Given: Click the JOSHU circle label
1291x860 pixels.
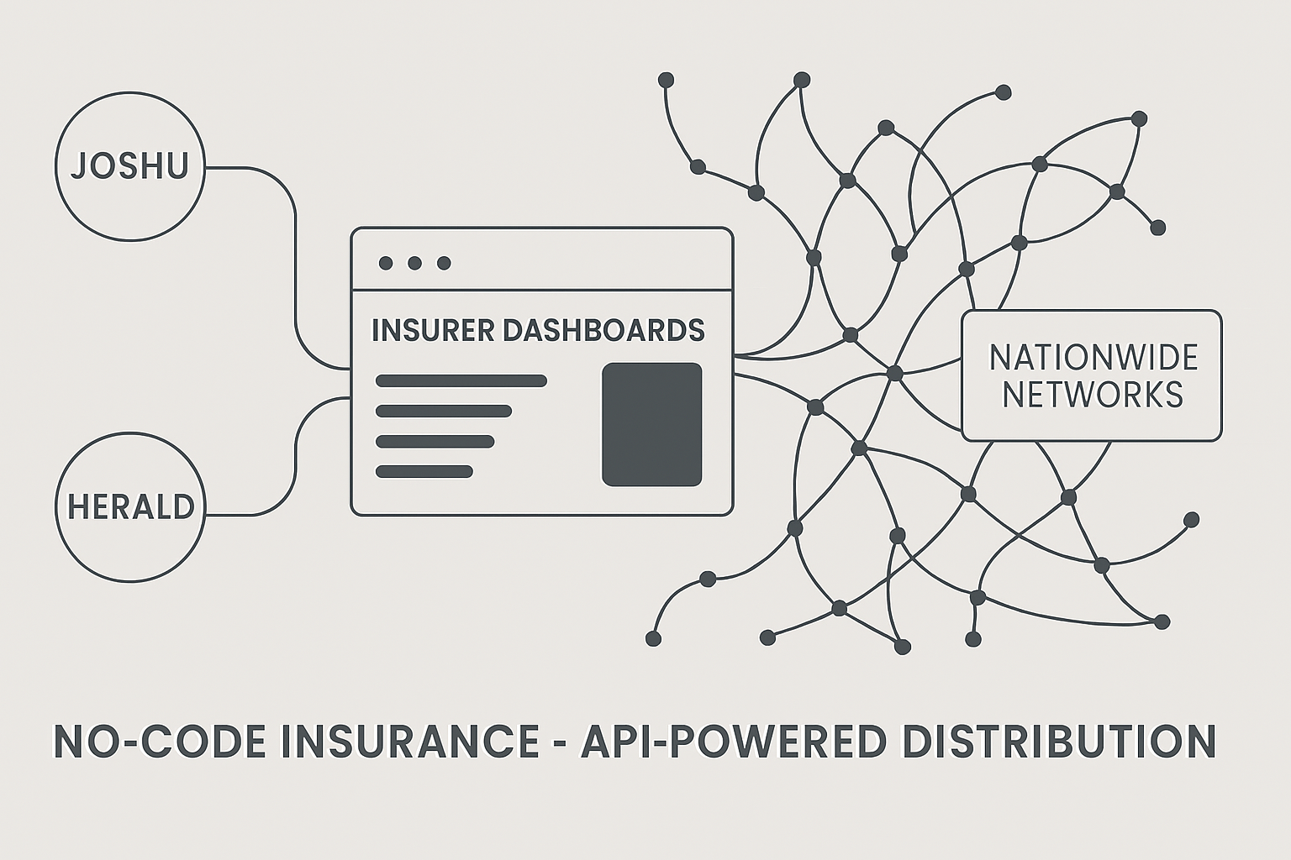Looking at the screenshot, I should click(x=129, y=166).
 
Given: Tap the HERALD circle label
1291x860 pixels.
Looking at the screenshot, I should click(x=130, y=506).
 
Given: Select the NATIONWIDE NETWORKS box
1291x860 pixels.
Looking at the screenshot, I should click(x=1091, y=375).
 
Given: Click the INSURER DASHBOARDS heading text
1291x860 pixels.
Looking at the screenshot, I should click(x=538, y=330).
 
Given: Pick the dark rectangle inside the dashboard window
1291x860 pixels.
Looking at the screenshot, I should click(x=651, y=424).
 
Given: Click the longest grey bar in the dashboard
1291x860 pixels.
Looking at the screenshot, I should click(x=461, y=380).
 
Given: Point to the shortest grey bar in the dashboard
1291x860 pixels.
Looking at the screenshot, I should click(x=424, y=471).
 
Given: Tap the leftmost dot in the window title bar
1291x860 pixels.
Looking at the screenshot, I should click(x=386, y=263).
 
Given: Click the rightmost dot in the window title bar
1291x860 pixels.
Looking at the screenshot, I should click(x=444, y=263).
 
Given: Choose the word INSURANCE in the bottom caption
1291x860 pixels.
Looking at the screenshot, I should click(x=410, y=741).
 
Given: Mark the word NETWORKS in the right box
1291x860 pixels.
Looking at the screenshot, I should click(x=1092, y=395).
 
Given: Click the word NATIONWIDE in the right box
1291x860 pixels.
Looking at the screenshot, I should click(x=1093, y=358).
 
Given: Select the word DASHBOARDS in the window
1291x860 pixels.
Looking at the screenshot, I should click(x=603, y=330).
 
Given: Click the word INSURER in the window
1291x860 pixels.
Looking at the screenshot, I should click(x=433, y=330).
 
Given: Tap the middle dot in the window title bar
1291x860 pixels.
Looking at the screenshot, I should click(x=414, y=263).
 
